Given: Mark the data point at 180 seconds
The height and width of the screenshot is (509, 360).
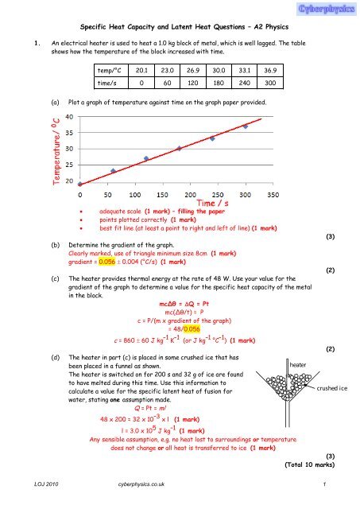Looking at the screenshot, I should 179,148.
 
